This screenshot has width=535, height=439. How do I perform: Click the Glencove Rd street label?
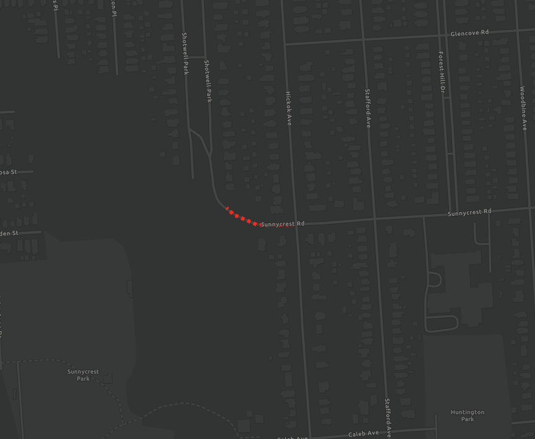click(x=469, y=33)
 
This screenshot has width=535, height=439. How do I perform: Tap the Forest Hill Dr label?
click(x=442, y=72)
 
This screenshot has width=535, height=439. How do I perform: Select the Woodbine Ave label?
click(x=523, y=109)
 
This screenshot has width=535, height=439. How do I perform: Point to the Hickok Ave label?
click(x=288, y=109)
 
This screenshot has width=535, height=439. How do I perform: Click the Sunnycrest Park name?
click(x=83, y=375)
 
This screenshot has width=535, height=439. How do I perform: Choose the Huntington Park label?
click(x=468, y=416)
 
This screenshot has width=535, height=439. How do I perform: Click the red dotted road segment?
click(x=243, y=218)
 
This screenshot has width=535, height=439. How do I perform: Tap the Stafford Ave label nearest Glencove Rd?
click(x=368, y=109)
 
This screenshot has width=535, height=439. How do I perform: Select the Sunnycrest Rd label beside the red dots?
click(x=283, y=224)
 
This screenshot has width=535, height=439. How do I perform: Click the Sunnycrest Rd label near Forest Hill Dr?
click(x=469, y=213)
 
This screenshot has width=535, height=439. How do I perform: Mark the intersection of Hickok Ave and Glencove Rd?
click(x=285, y=45)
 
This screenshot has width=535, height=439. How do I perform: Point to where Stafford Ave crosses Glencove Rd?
click(x=363, y=39)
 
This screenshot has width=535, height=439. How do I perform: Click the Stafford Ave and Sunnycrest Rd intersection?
click(x=374, y=218)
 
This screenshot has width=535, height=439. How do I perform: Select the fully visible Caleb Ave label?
click(x=364, y=434)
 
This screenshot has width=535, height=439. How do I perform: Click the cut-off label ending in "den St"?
click(x=9, y=234)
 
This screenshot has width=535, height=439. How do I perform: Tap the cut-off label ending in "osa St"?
click(x=8, y=172)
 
